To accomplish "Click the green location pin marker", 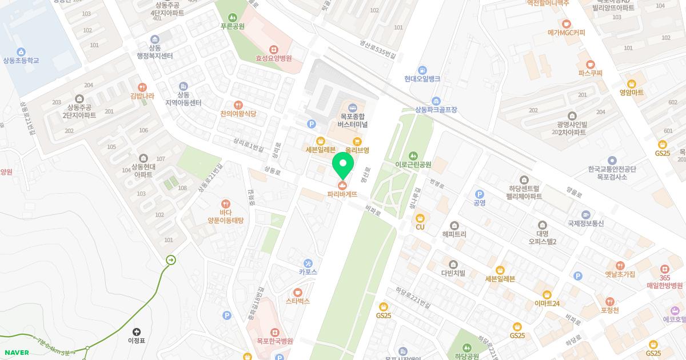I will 343,165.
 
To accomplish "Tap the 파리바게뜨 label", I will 342,194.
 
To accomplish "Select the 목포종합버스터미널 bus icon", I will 352,107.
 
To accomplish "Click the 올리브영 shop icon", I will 357,141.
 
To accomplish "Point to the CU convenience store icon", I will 420,218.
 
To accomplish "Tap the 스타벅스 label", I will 298,301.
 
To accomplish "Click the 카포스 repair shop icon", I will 308,263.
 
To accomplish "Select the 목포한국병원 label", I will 275,341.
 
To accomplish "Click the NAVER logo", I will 17,353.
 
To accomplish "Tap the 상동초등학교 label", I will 21,61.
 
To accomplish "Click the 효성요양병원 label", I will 274,58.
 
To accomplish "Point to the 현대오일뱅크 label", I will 422,79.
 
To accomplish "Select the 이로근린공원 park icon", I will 413,155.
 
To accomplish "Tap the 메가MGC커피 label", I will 566,33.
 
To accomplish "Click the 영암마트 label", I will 631,93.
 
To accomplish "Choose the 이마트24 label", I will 547,303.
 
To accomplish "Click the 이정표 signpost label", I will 137,341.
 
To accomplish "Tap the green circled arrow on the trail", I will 171,260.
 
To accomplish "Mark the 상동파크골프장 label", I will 436,110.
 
